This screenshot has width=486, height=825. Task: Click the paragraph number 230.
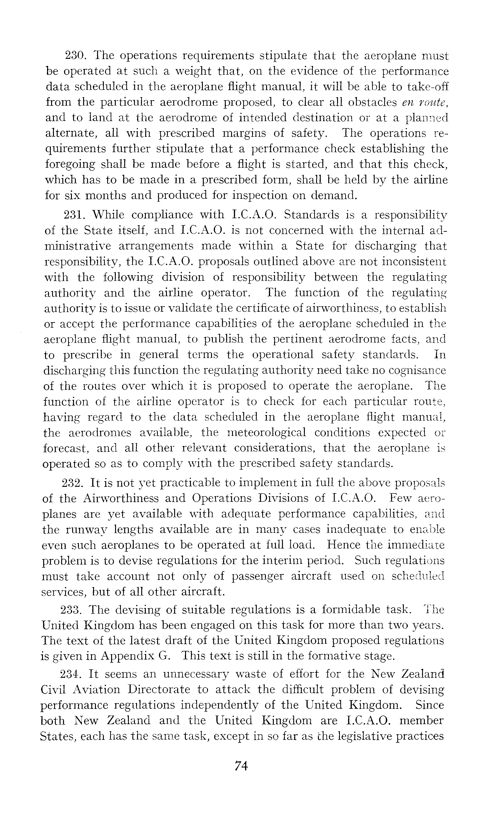point(75,56)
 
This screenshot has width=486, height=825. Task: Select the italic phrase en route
point(425,102)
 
